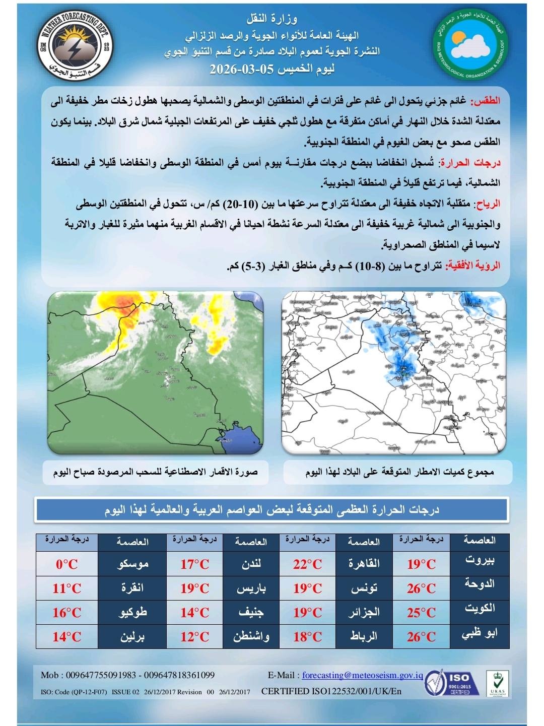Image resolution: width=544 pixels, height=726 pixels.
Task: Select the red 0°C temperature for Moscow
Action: [x=66, y=564]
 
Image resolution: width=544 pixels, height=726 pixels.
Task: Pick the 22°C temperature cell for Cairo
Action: [x=307, y=564]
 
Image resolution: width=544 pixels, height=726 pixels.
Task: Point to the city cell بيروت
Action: [x=479, y=560]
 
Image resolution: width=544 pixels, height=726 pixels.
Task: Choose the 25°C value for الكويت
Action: [x=421, y=613]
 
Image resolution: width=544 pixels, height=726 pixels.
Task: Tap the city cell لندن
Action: [x=251, y=564]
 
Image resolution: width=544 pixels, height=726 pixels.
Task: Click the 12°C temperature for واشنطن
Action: [x=194, y=637]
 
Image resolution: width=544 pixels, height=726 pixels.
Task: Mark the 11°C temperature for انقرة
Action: [x=66, y=588]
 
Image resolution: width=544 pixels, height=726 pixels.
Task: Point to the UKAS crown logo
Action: [x=497, y=683]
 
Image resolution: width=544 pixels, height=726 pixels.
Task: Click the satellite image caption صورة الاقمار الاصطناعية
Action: [x=156, y=472]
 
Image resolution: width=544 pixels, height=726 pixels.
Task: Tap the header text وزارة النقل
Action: [x=273, y=20]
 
